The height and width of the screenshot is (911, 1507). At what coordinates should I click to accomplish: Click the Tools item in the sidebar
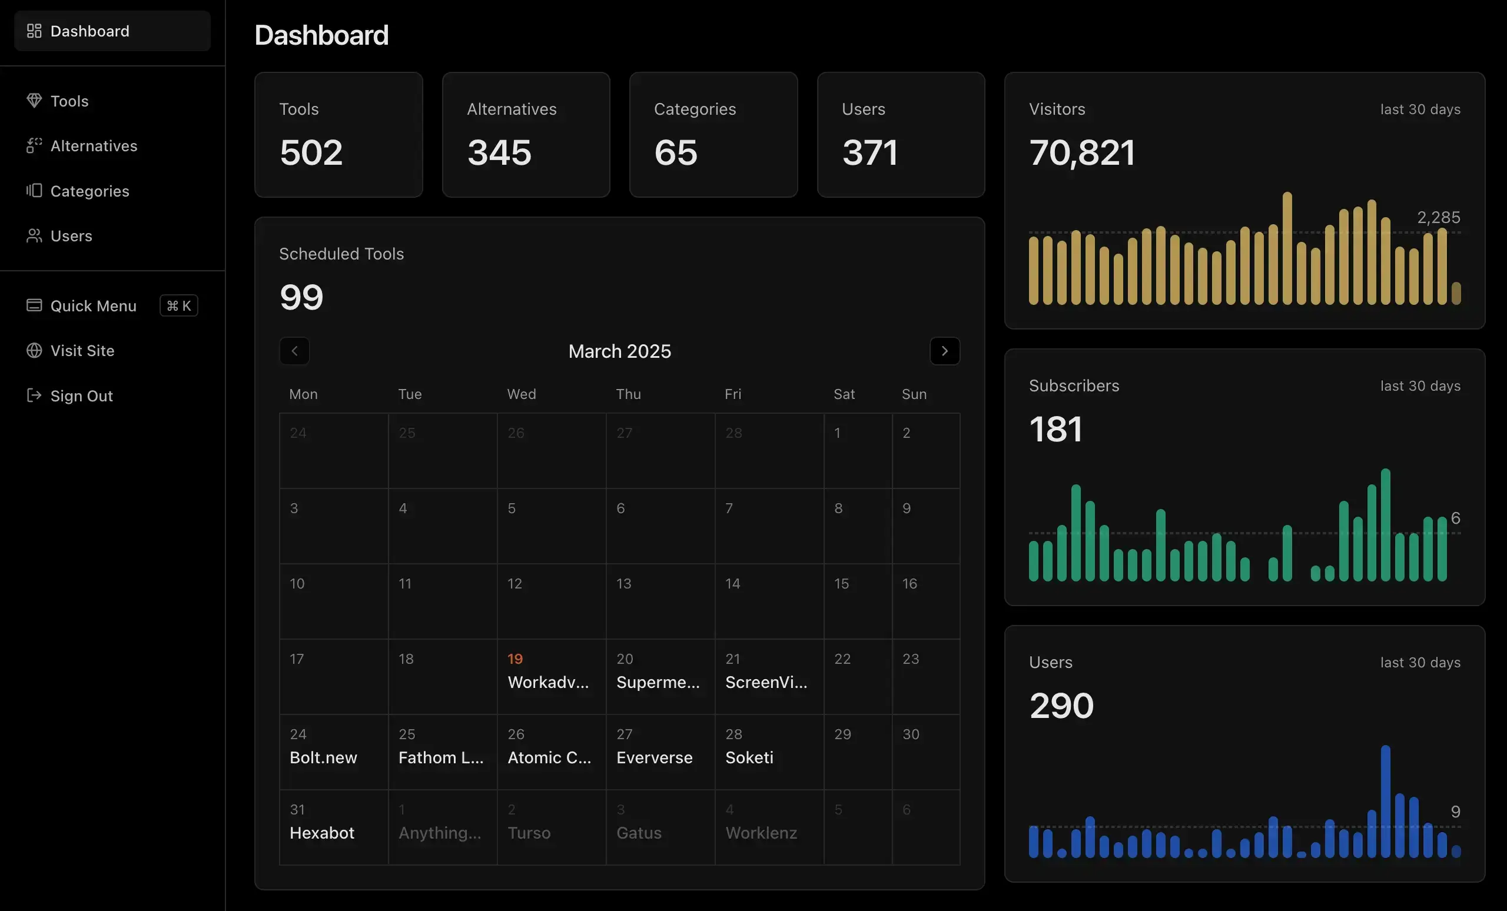pyautogui.click(x=69, y=101)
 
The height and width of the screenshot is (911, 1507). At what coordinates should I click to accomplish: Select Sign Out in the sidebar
pyautogui.click(x=81, y=395)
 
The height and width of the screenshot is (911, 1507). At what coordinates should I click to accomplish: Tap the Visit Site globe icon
pyautogui.click(x=34, y=350)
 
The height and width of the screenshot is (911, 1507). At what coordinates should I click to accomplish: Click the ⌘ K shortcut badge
pyautogui.click(x=178, y=305)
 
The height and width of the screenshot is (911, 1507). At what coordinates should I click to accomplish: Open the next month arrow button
pyautogui.click(x=944, y=351)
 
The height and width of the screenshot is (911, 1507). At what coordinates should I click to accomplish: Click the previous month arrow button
pyautogui.click(x=294, y=351)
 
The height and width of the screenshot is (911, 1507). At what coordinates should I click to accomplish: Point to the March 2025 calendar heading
pyautogui.click(x=619, y=351)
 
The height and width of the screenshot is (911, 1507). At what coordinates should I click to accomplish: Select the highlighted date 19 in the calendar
pyautogui.click(x=514, y=659)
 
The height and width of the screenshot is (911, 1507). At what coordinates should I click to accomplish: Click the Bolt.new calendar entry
pyautogui.click(x=323, y=757)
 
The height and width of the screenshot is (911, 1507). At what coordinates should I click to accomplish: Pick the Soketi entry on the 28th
pyautogui.click(x=749, y=757)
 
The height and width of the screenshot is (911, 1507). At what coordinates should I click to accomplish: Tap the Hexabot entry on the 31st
pyautogui.click(x=321, y=833)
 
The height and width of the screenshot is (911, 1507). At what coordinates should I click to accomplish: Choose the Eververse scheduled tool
pyautogui.click(x=654, y=757)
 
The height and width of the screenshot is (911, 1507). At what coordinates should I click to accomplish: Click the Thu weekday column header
pyautogui.click(x=628, y=394)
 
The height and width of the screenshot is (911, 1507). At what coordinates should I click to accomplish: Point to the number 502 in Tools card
pyautogui.click(x=311, y=152)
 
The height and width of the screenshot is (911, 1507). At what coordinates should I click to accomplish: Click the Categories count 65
pyautogui.click(x=675, y=152)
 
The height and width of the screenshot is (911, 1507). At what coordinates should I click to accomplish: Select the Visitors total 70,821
pyautogui.click(x=1081, y=152)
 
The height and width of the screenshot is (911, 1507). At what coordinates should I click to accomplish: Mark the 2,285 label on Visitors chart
pyautogui.click(x=1438, y=217)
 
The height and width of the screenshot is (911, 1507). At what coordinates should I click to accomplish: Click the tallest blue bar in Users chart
pyautogui.click(x=1385, y=801)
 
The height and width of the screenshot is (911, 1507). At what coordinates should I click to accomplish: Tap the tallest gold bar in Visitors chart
pyautogui.click(x=1287, y=248)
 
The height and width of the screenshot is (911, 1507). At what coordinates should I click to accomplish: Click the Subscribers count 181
pyautogui.click(x=1055, y=429)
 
